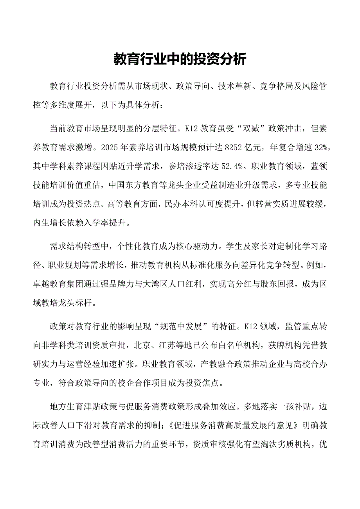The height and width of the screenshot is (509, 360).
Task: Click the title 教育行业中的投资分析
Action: (x=180, y=59)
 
